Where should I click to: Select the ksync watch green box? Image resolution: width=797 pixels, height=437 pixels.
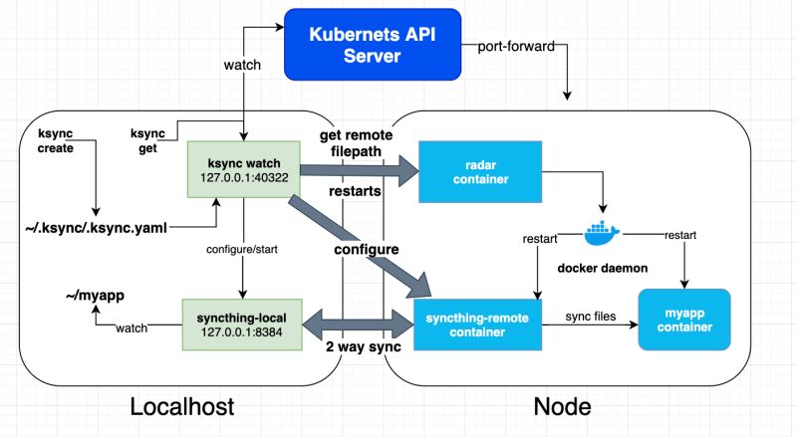click(241, 171)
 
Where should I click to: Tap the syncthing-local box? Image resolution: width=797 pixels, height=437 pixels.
click(241, 323)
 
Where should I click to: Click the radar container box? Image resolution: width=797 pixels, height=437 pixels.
click(480, 171)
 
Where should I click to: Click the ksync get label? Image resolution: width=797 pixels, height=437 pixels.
click(149, 141)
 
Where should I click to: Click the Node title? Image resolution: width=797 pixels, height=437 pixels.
click(564, 407)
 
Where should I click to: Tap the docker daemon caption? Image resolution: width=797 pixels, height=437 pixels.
click(602, 271)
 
